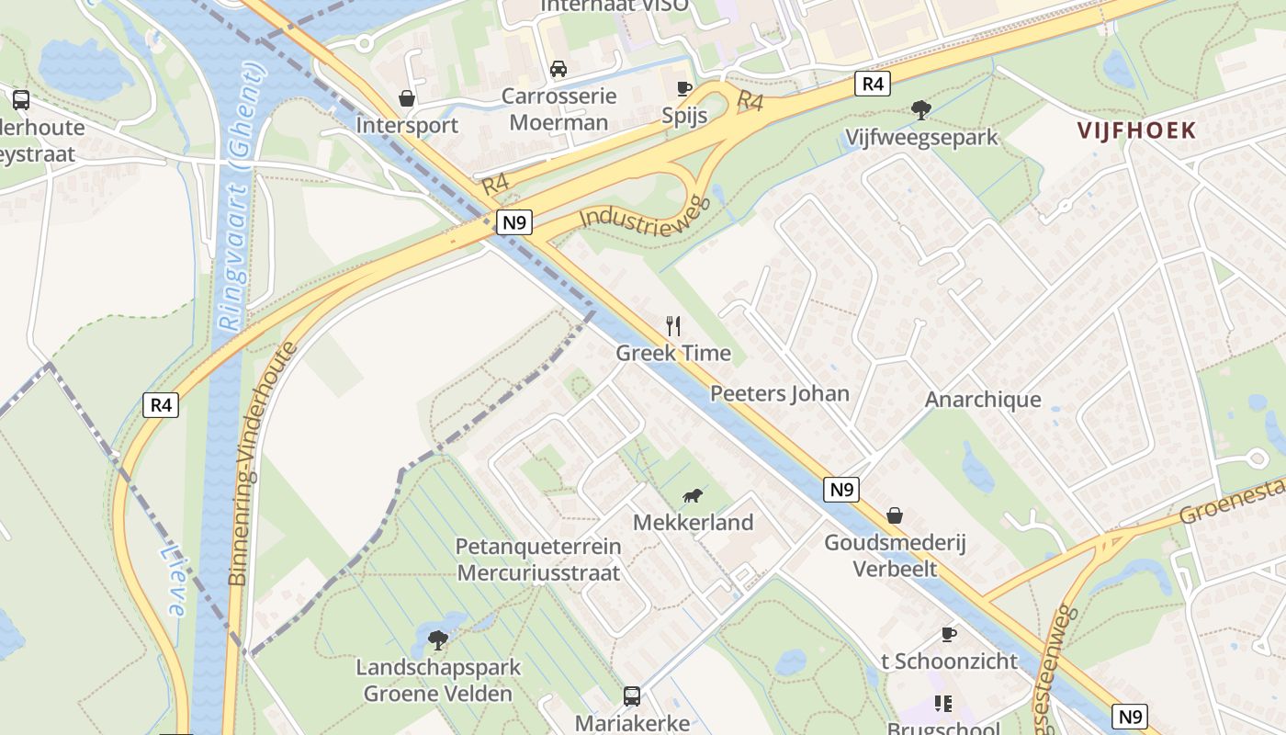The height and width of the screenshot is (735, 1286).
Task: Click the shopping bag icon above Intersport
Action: tap(406, 97)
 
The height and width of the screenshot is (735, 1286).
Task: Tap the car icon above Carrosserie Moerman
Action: tap(558, 69)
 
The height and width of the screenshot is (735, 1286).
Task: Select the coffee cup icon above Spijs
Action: tap(683, 88)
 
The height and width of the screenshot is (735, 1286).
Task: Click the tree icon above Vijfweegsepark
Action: tap(920, 111)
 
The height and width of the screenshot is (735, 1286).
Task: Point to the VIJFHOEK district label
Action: tap(1137, 130)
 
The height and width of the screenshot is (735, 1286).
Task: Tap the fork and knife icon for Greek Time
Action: tap(673, 325)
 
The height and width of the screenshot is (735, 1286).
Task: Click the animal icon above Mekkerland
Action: tap(693, 496)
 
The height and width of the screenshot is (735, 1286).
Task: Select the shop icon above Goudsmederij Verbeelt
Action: tap(894, 515)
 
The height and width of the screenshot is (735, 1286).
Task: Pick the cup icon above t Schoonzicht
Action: tap(949, 634)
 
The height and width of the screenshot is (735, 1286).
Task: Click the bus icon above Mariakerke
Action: tap(632, 695)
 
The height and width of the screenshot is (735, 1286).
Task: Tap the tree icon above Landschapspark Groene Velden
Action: tap(438, 639)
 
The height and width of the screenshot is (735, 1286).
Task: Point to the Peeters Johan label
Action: tap(779, 394)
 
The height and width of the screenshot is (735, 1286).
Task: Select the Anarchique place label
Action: tap(983, 400)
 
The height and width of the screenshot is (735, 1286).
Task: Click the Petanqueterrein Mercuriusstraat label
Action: tap(538, 560)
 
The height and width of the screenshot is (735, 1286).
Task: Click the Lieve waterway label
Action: tap(174, 580)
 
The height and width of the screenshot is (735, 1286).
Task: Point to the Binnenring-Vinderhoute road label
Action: tap(263, 463)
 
